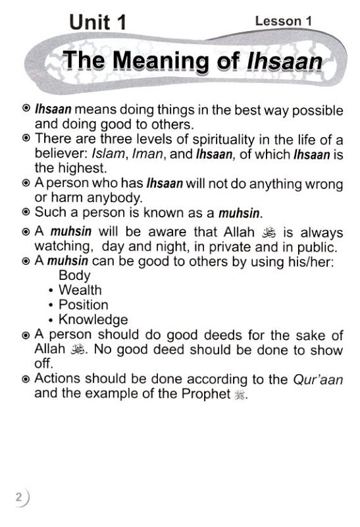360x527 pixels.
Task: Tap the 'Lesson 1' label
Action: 283,21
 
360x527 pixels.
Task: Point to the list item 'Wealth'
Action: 80,290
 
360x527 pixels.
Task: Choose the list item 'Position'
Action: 84,305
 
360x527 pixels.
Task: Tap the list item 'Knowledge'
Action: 93,320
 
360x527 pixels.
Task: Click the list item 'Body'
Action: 74,275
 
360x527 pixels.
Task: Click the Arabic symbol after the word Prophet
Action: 230,395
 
